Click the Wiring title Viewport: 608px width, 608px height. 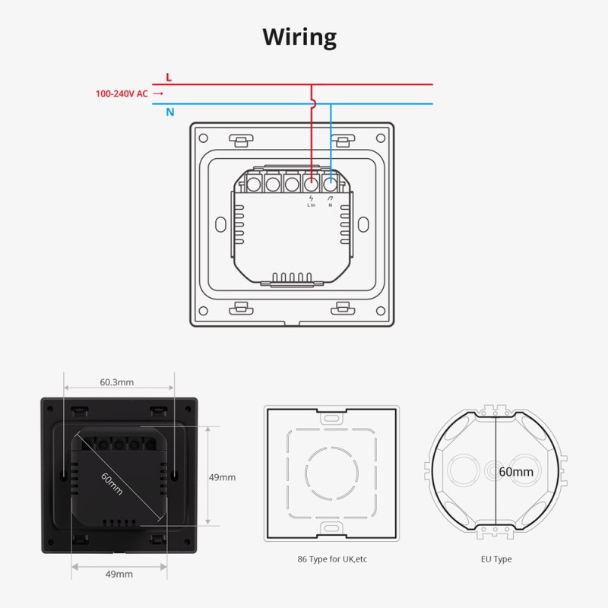(299, 36)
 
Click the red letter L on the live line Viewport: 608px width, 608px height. (169, 78)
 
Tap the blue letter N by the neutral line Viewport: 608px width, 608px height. (170, 112)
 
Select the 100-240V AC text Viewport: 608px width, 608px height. (122, 94)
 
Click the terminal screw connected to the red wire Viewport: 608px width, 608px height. (312, 183)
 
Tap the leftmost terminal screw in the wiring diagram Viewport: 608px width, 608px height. (253, 183)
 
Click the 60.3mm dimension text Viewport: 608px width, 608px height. (117, 382)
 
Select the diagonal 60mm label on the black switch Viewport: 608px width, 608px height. (111, 481)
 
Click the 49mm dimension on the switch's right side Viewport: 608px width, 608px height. (222, 477)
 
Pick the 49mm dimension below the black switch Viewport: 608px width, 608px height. (119, 574)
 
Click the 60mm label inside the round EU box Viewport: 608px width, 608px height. (516, 472)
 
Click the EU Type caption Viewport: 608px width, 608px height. (496, 559)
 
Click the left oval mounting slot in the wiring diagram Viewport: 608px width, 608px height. (220, 225)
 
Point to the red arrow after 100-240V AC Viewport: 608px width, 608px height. (158, 94)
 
